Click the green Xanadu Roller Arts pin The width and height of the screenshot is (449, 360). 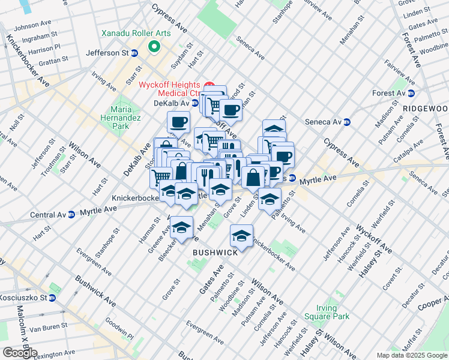(x=154, y=46)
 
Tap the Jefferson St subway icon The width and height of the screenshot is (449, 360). (x=135, y=53)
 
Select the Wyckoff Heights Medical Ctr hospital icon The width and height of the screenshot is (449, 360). (x=209, y=85)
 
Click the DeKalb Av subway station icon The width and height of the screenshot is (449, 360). (x=195, y=103)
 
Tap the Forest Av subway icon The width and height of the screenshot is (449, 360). (x=411, y=93)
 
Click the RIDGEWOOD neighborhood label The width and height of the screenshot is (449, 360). (x=425, y=108)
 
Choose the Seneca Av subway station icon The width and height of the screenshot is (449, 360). (x=346, y=122)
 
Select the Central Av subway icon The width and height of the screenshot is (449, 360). (x=71, y=214)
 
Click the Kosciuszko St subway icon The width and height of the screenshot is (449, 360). (x=52, y=298)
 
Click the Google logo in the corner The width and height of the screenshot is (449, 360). (x=19, y=353)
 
